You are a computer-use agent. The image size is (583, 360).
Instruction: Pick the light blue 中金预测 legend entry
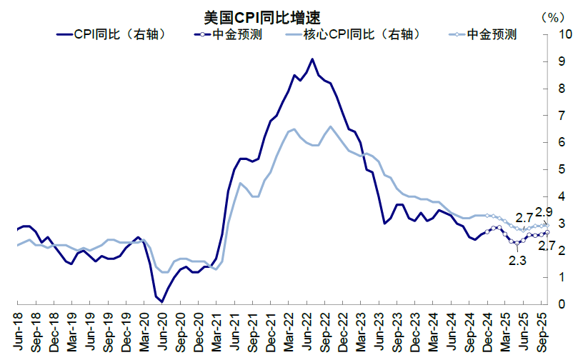tap(483, 34)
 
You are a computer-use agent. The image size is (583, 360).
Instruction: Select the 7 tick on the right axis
tap(563, 116)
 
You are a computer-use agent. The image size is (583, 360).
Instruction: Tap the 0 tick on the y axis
tap(563, 304)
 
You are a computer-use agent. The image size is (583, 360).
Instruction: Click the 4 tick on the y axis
tap(563, 196)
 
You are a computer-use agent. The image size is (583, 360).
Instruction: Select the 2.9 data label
tap(544, 212)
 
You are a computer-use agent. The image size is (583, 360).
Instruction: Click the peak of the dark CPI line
tap(312, 59)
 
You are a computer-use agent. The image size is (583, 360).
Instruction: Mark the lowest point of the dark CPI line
tap(161, 301)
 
